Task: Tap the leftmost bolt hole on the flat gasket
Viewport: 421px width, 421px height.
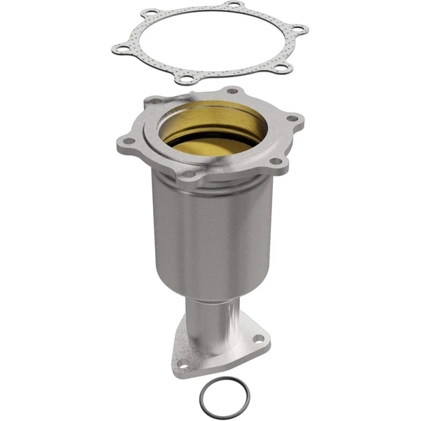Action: (x=119, y=48)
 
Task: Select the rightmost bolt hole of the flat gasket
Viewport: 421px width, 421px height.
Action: (x=300, y=30)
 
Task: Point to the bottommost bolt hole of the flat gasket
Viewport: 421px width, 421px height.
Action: (x=185, y=79)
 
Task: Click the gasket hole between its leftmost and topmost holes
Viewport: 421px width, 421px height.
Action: (x=150, y=13)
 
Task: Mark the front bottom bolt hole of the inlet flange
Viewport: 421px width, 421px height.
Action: (x=190, y=173)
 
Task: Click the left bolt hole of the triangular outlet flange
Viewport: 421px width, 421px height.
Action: (x=182, y=363)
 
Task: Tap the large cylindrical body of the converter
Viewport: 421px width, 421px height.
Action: (x=210, y=232)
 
